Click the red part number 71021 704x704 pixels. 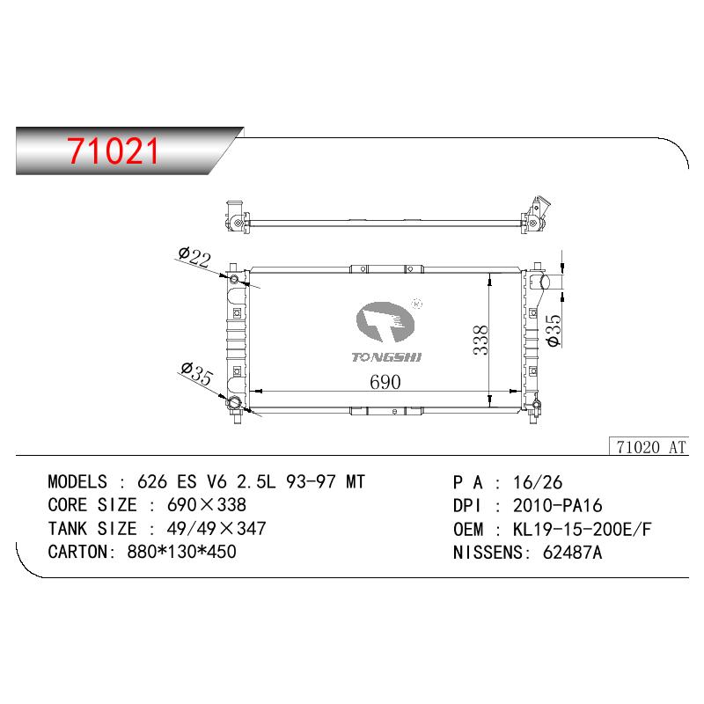[x=114, y=151]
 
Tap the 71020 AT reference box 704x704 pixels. [x=649, y=447]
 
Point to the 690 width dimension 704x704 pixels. [x=385, y=382]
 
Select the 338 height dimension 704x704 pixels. [x=480, y=340]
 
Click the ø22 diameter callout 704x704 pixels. [x=194, y=257]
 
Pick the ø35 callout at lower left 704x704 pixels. [x=196, y=373]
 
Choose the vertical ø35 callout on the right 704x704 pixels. [x=554, y=331]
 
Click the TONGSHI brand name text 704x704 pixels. [x=386, y=357]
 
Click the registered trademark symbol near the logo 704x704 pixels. [x=417, y=304]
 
